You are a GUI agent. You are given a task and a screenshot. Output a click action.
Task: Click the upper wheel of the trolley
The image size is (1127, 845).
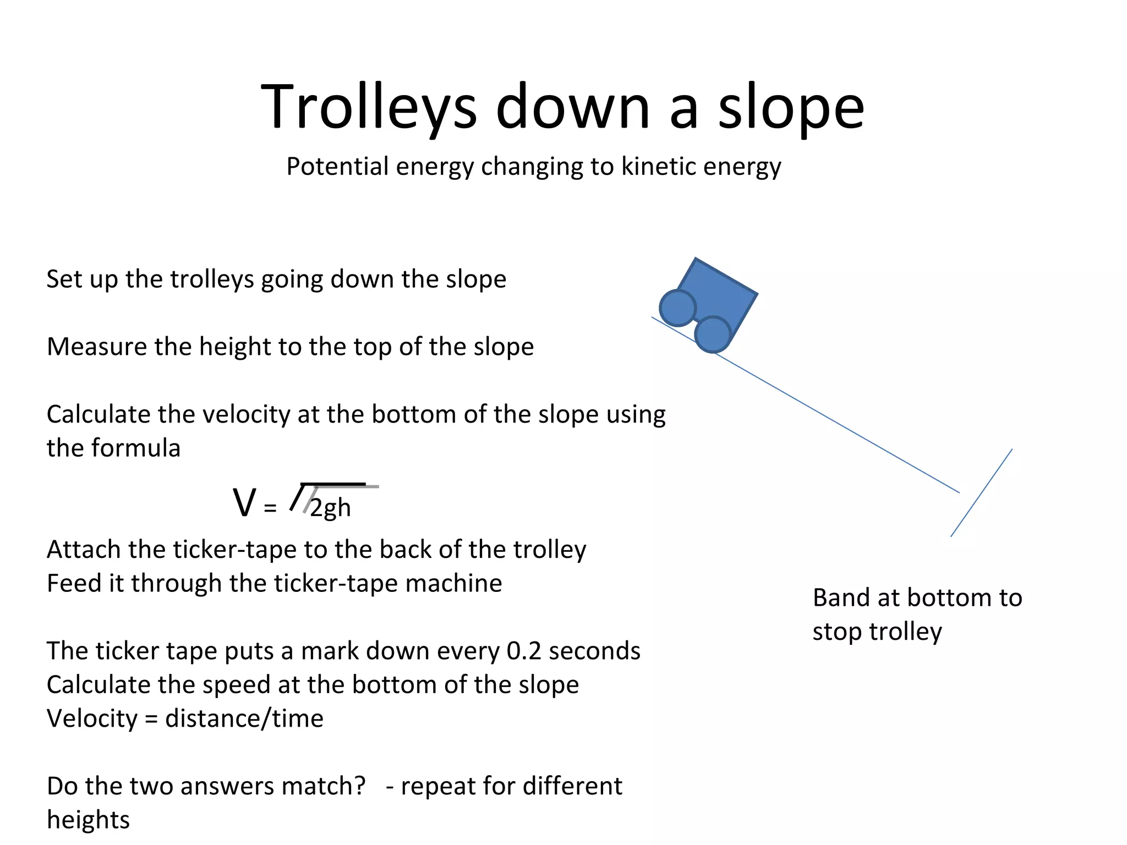pyautogui.click(x=677, y=308)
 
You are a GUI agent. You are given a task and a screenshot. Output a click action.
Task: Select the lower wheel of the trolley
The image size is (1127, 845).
pyautogui.click(x=713, y=334)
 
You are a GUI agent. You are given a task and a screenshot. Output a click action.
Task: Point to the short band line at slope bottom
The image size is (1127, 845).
pyautogui.click(x=981, y=493)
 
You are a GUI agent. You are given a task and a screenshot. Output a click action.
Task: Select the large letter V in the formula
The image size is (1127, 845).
pyautogui.click(x=244, y=503)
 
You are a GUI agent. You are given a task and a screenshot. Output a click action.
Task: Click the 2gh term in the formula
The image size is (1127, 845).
pyautogui.click(x=330, y=508)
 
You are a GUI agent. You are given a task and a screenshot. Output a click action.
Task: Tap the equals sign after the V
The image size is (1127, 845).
pyautogui.click(x=270, y=508)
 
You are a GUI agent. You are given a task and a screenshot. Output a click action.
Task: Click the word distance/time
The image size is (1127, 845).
pyautogui.click(x=244, y=719)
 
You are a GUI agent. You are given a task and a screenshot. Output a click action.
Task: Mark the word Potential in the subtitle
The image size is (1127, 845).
pyautogui.click(x=337, y=166)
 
